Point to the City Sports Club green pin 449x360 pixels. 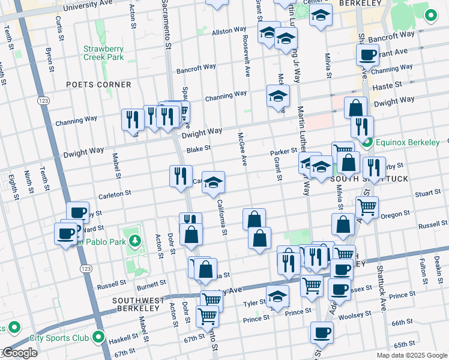(x=98, y=337)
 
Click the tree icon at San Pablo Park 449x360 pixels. (x=136, y=241)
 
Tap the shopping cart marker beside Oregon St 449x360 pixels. (x=367, y=208)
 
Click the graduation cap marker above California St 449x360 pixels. (x=213, y=182)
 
